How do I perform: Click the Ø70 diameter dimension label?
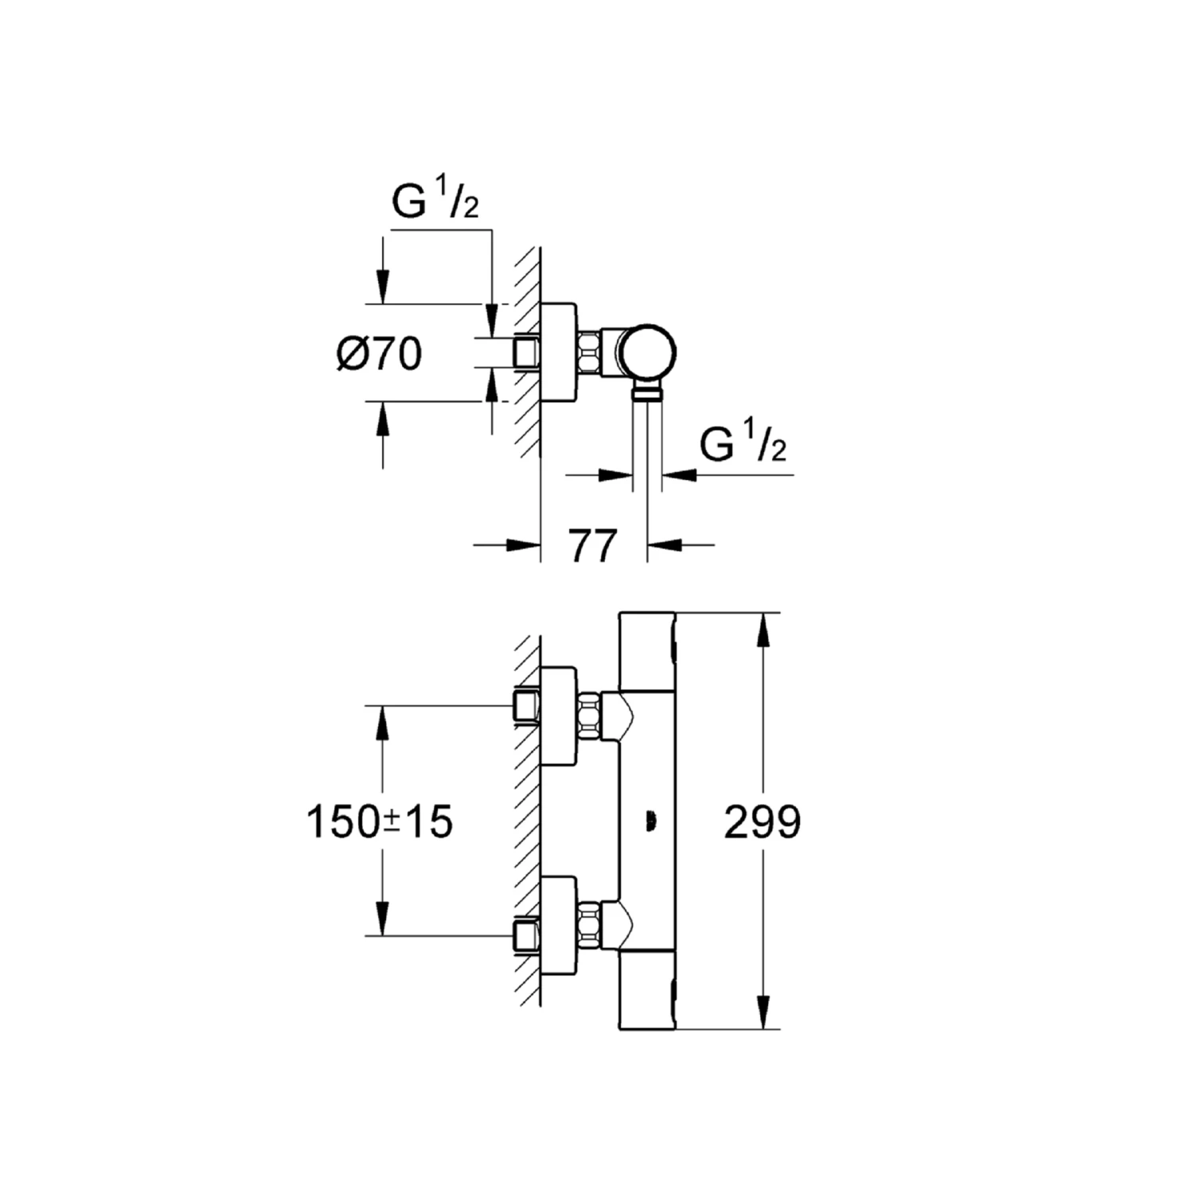tap(379, 353)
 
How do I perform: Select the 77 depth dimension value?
tap(594, 546)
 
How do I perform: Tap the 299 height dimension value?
tap(762, 822)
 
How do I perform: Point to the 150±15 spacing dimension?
tap(379, 821)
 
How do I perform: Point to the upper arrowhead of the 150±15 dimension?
tap(383, 722)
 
